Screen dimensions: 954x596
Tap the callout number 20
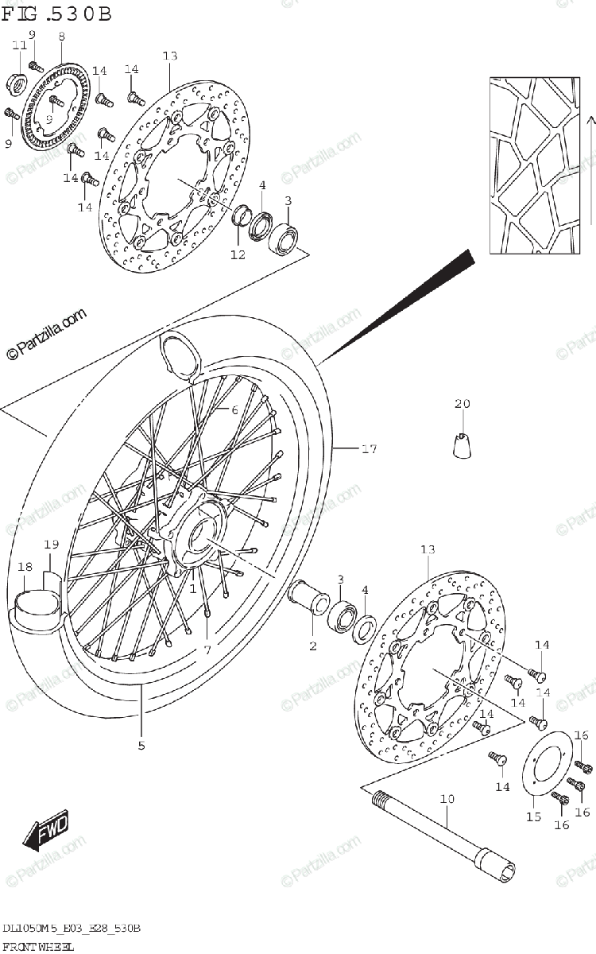462,404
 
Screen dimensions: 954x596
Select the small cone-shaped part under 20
463,446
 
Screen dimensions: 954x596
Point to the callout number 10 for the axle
447,799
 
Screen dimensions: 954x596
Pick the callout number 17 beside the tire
368,450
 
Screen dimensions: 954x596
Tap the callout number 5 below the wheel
141,746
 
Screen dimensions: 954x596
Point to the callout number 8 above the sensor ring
61,36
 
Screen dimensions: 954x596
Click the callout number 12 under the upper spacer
238,254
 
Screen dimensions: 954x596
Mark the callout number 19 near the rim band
51,545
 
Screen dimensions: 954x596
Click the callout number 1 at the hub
192,588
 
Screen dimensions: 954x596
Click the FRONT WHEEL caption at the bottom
38,946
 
